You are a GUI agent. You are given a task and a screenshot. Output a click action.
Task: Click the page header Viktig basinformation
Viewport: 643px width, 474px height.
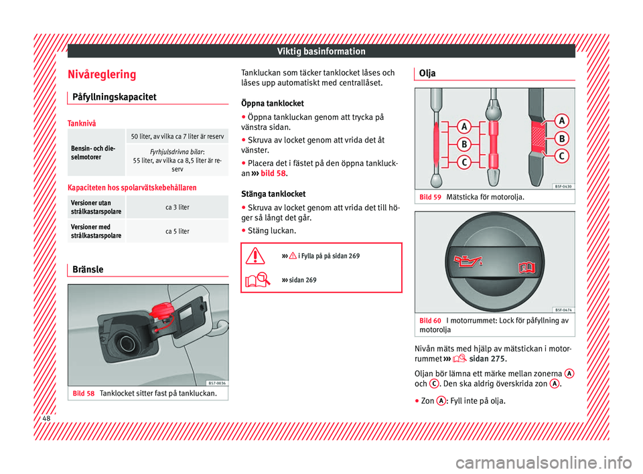323,51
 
